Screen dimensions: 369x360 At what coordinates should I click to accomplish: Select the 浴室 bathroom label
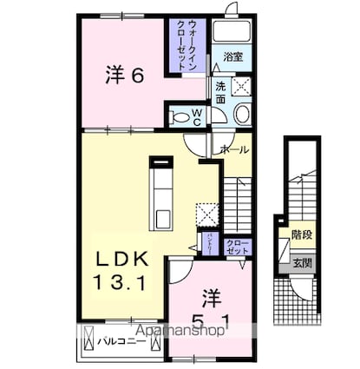tap(231, 56)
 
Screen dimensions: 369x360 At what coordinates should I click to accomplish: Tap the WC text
tap(198, 115)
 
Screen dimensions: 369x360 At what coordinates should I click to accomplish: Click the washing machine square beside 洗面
tap(243, 87)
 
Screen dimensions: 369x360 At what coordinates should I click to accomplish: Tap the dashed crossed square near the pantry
tap(208, 213)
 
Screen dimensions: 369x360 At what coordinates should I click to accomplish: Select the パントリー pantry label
tap(209, 244)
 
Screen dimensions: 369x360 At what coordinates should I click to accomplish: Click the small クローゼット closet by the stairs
tap(236, 246)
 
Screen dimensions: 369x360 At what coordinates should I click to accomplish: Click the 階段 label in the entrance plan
tap(302, 234)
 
